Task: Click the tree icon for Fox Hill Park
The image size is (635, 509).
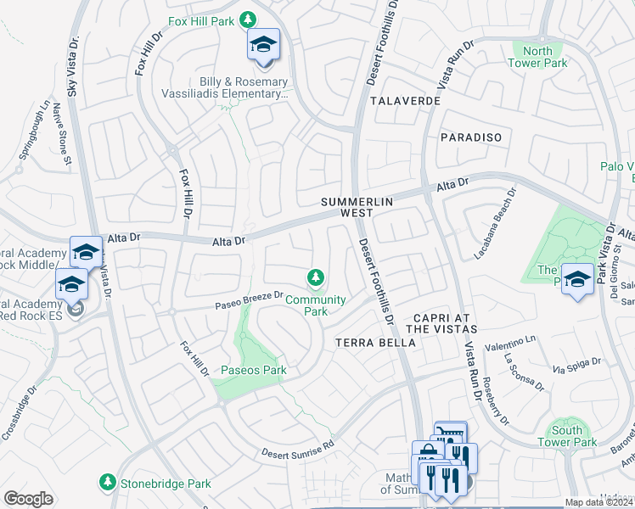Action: [x=248, y=19]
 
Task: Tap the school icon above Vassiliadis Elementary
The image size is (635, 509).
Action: [x=263, y=44]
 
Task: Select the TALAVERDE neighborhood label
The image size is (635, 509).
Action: [x=405, y=101]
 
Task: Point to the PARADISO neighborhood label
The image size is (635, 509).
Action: [x=471, y=137]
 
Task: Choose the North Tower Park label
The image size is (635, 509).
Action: [x=538, y=57]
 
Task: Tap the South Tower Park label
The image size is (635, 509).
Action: [x=566, y=436]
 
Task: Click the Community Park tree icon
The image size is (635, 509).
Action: [x=315, y=277]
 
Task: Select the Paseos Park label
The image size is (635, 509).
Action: [x=254, y=370]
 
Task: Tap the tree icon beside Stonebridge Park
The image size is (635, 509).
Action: [x=107, y=483]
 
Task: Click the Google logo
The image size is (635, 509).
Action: [x=28, y=499]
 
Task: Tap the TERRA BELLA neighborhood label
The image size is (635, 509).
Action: [x=376, y=343]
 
